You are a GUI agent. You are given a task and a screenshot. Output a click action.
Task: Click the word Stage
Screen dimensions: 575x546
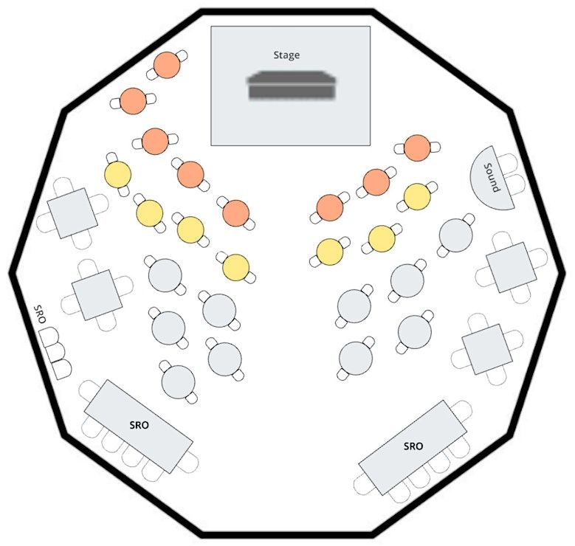tap(286, 55)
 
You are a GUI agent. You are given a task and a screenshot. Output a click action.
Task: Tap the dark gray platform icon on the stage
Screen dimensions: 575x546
tap(292, 85)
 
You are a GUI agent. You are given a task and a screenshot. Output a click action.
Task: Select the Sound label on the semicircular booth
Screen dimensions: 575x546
tap(492, 178)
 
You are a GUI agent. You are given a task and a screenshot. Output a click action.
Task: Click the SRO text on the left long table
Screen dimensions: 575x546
tap(139, 425)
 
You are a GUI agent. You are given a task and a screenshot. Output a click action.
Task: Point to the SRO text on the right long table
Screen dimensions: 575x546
tap(413, 446)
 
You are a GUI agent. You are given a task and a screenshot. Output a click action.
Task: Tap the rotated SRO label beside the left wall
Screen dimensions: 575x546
tap(40, 314)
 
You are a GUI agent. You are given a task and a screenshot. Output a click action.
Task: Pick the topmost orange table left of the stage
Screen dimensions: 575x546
tap(167, 65)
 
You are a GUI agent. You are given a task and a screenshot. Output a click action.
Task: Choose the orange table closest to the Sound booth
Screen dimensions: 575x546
tap(417, 148)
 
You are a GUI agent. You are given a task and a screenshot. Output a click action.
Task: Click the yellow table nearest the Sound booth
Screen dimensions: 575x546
tap(417, 196)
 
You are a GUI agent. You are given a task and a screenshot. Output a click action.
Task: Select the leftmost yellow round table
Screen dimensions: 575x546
tap(117, 174)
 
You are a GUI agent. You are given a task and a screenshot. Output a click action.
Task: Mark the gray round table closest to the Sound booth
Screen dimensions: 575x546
tap(456, 235)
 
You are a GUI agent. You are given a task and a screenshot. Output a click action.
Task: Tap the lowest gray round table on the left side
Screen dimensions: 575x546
tap(178, 381)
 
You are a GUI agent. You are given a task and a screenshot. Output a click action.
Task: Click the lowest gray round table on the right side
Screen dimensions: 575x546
tap(356, 359)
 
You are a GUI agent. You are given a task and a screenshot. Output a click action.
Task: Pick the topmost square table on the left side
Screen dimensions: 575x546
tap(72, 213)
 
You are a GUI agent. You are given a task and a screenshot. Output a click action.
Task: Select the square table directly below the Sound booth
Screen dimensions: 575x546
tap(512, 267)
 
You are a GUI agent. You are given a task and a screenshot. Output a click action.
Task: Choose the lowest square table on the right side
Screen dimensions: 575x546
tap(486, 349)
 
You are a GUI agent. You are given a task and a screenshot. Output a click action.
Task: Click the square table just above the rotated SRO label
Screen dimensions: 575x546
tap(97, 295)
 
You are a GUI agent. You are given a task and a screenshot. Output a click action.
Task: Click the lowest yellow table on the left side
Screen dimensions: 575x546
tap(235, 268)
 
